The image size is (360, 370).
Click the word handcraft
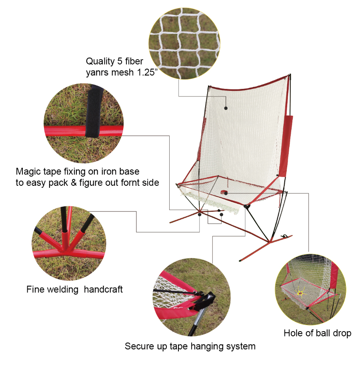pyautogui.click(x=103, y=289)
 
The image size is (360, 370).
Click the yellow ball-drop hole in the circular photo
pyautogui.click(x=300, y=293)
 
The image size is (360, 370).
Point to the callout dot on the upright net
pyautogui.click(x=226, y=108)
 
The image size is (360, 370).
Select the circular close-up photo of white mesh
pyautogui.click(x=184, y=44)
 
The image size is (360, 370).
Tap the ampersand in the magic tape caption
pyautogui.click(x=74, y=183)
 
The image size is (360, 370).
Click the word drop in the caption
pyautogui.click(x=342, y=333)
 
